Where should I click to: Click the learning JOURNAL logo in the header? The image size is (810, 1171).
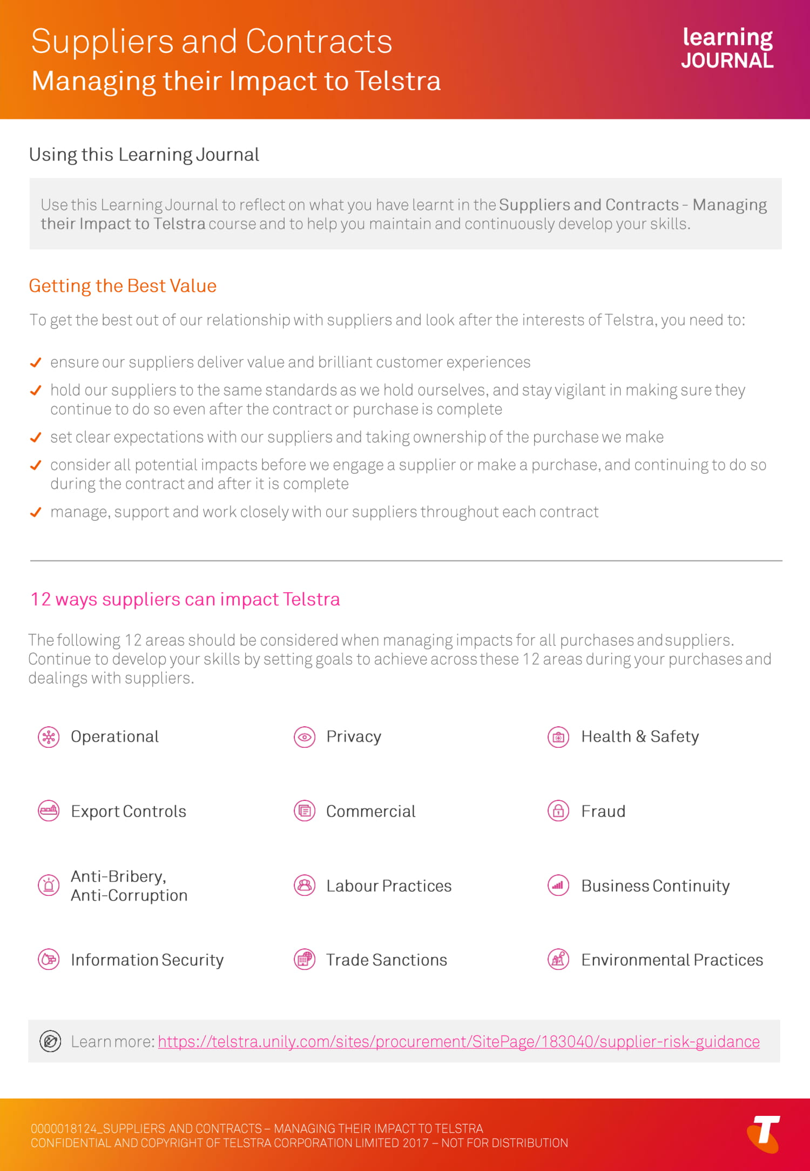tap(727, 48)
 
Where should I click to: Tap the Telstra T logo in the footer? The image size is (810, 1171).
tap(764, 1133)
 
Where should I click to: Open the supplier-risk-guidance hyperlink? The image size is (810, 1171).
tap(458, 1041)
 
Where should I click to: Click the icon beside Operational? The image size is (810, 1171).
tap(49, 737)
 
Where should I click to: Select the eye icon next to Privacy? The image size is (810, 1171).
tap(305, 737)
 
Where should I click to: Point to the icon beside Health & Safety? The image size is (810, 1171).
tap(558, 737)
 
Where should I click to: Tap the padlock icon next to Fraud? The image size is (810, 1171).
tap(558, 811)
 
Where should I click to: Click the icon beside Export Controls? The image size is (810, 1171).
tap(49, 811)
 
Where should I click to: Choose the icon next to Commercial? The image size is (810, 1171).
tap(305, 811)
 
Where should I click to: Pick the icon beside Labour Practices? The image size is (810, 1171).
tap(305, 885)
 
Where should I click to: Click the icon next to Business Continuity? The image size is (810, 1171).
tap(558, 885)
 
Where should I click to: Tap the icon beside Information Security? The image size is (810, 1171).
tap(49, 959)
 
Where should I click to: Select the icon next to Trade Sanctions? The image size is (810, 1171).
tap(305, 959)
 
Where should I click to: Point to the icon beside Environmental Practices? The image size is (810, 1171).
tap(558, 959)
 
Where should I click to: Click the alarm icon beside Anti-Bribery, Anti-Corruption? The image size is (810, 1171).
tap(49, 885)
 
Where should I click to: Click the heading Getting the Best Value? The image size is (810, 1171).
tap(123, 286)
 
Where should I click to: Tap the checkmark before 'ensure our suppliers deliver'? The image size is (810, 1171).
tap(36, 362)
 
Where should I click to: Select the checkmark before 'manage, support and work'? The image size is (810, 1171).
tap(36, 512)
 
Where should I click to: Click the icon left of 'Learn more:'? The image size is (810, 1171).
tap(50, 1041)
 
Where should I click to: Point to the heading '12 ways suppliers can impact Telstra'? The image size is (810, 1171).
tap(185, 599)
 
